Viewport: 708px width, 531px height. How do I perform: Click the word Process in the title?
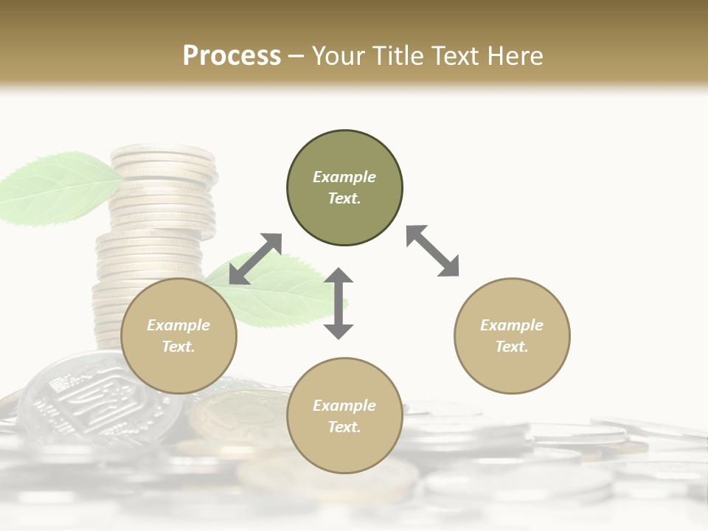pyautogui.click(x=232, y=55)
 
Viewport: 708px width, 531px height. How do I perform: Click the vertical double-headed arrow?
pyautogui.click(x=339, y=304)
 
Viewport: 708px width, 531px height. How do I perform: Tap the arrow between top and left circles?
pyautogui.click(x=255, y=259)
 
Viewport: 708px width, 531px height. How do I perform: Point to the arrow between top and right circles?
pyautogui.click(x=433, y=251)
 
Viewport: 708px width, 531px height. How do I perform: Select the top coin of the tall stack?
pyautogui.click(x=162, y=155)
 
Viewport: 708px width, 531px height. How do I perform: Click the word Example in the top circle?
pyautogui.click(x=344, y=177)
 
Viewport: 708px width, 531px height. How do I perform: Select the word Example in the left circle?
pyautogui.click(x=178, y=325)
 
